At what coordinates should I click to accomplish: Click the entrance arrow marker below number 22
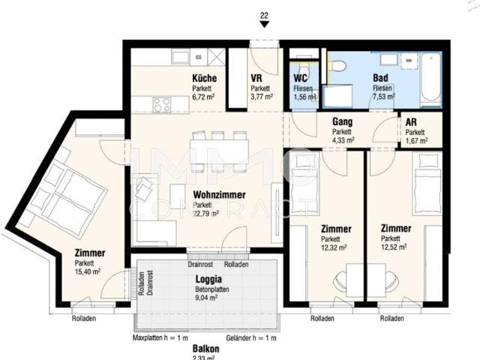point(264,24)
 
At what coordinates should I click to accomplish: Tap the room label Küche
point(204,78)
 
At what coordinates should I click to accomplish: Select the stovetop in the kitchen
point(163,105)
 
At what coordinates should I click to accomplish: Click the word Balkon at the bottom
point(205,349)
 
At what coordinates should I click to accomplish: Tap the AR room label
point(411,121)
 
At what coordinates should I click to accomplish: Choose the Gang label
point(343,121)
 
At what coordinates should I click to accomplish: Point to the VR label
point(256,78)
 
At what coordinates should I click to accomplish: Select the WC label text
point(301,78)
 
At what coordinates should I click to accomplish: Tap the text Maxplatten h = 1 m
point(160,337)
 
